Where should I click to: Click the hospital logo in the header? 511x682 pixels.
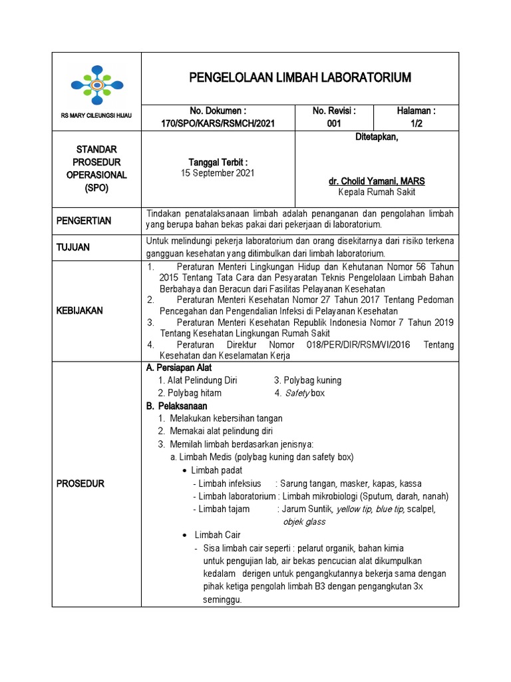[96, 85]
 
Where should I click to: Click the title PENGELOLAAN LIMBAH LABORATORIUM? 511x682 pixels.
[300, 78]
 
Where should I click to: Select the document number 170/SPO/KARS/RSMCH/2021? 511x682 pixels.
[218, 123]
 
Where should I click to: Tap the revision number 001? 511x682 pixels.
[334, 123]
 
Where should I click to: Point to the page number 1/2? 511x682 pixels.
[416, 123]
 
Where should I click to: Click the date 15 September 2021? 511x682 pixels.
[218, 172]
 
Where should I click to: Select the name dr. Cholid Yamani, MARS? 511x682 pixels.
[377, 181]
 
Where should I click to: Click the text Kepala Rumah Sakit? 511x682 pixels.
[377, 192]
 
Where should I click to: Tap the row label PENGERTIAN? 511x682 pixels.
[83, 220]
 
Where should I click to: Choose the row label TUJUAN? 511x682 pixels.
[74, 247]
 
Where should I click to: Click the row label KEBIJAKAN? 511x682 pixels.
[79, 311]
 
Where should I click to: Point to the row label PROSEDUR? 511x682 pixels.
[80, 484]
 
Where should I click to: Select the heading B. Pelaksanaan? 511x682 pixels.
[176, 406]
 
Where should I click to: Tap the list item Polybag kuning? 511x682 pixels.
[307, 380]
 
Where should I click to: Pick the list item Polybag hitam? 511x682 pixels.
[190, 393]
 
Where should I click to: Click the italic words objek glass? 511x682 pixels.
[304, 521]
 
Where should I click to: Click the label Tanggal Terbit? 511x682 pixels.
[218, 162]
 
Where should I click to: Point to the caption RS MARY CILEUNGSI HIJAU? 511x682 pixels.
[96, 116]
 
